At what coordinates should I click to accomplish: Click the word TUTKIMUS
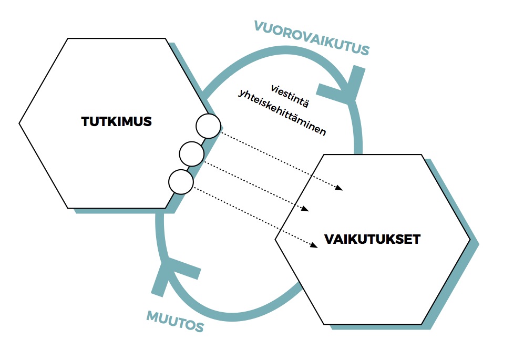[116, 122]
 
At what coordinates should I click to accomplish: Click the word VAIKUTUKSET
[372, 240]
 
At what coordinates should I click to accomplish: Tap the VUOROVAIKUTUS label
[312, 37]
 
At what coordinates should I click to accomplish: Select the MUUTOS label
[174, 322]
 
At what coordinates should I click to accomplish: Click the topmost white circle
[208, 126]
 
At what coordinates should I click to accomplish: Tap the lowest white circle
[181, 182]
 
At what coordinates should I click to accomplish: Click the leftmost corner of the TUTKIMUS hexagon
[19, 124]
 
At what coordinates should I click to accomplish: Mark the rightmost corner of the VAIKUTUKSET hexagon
[470, 240]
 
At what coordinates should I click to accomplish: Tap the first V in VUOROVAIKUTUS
[259, 25]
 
